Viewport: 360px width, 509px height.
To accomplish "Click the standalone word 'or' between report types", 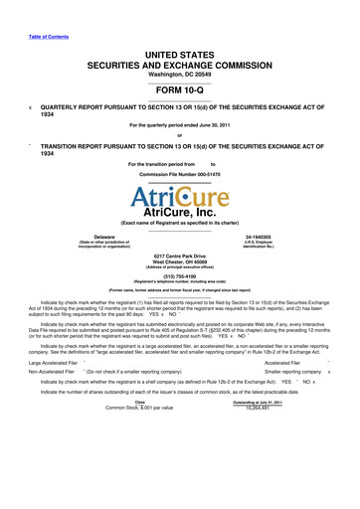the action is (x=179, y=135).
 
